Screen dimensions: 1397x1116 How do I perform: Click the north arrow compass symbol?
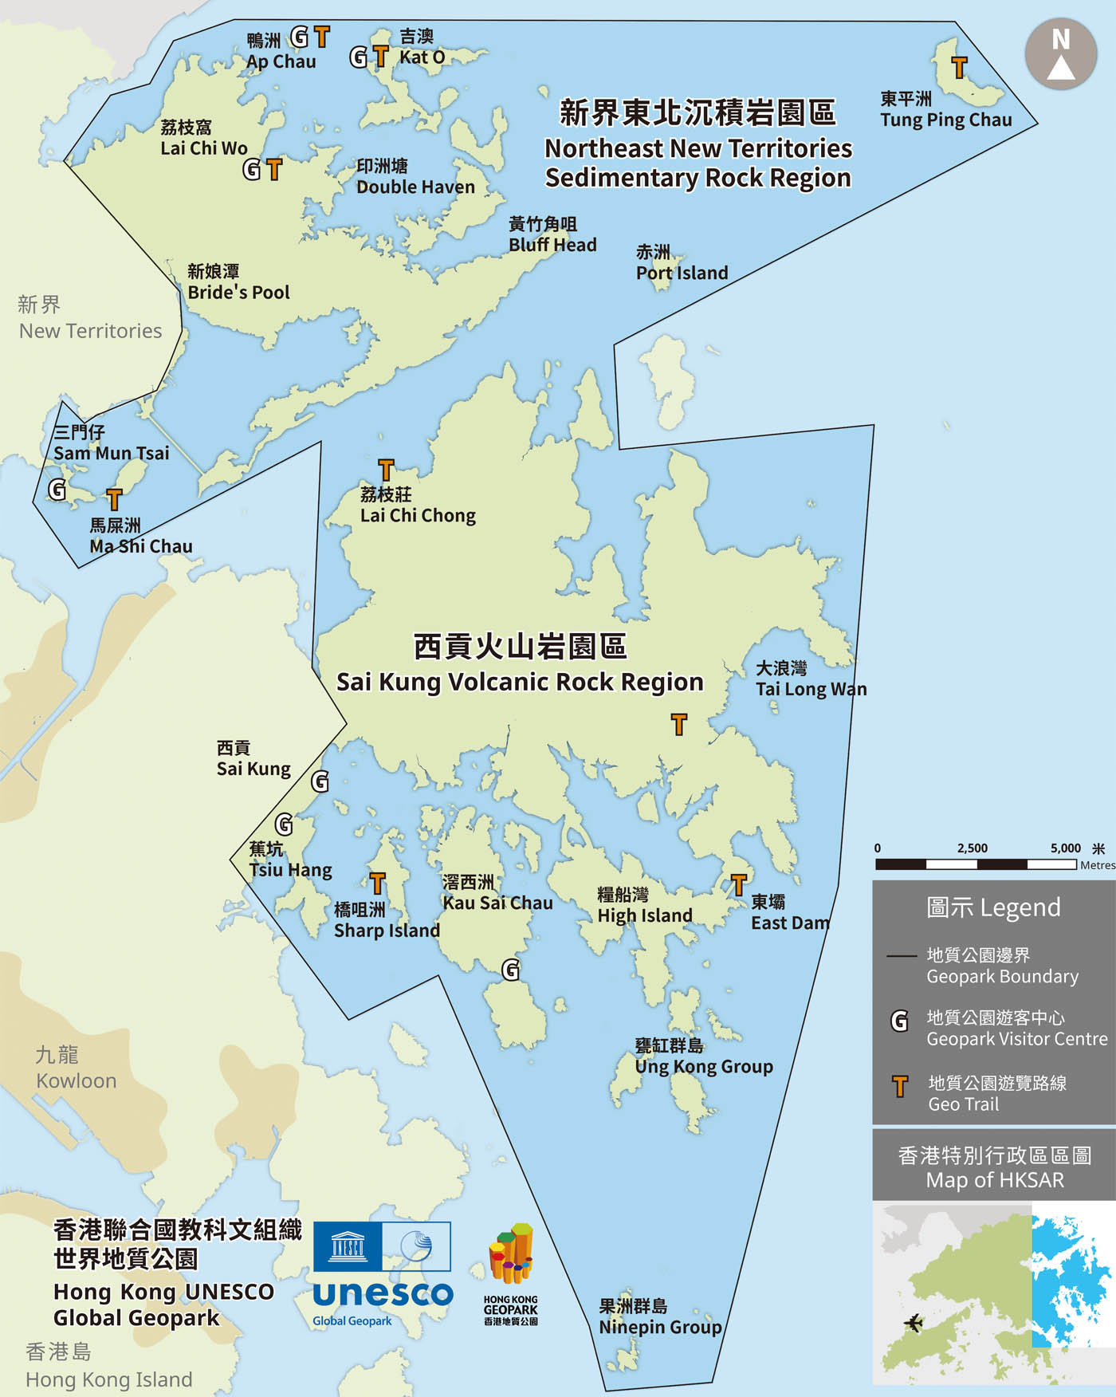click(1061, 53)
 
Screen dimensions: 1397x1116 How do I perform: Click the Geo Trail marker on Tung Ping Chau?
click(960, 68)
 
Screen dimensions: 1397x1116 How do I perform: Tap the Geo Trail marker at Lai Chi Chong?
click(386, 470)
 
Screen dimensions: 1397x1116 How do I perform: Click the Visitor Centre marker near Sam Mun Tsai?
click(57, 489)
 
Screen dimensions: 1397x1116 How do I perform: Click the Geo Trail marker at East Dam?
click(739, 884)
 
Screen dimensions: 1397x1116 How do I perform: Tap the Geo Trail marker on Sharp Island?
click(378, 883)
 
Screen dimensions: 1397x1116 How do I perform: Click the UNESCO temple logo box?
click(348, 1246)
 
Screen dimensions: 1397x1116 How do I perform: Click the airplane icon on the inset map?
click(913, 1324)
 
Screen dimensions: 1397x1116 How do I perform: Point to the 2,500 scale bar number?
click(972, 848)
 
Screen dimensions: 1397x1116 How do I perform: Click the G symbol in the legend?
click(899, 1021)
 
